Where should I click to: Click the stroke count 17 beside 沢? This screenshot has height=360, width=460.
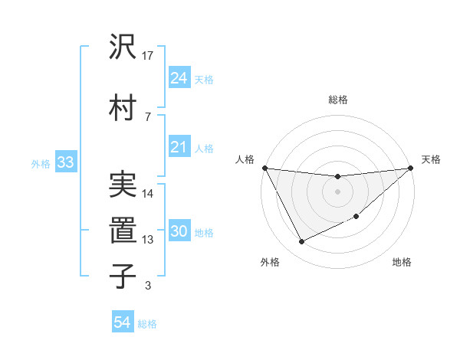(x=149, y=55)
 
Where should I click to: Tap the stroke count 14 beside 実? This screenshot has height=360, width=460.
(x=149, y=193)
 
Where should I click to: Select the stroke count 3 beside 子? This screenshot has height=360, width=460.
(x=148, y=285)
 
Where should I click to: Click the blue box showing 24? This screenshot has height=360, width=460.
(x=179, y=78)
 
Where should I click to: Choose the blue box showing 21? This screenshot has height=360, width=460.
(x=179, y=148)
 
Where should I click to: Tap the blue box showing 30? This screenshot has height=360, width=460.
(x=179, y=232)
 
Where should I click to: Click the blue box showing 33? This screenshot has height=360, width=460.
(x=65, y=162)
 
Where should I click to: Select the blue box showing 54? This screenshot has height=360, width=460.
(x=123, y=323)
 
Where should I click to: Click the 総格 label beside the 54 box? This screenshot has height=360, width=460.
(x=147, y=324)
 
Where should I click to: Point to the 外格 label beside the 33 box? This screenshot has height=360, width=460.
(x=41, y=163)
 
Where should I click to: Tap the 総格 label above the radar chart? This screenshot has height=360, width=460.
(x=337, y=100)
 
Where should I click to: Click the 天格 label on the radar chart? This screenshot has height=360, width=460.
(x=431, y=159)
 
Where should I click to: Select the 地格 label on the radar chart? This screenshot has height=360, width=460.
(x=402, y=263)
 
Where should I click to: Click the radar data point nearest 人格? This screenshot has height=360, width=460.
(x=264, y=168)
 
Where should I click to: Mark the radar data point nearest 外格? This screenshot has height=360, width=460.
(x=301, y=242)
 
